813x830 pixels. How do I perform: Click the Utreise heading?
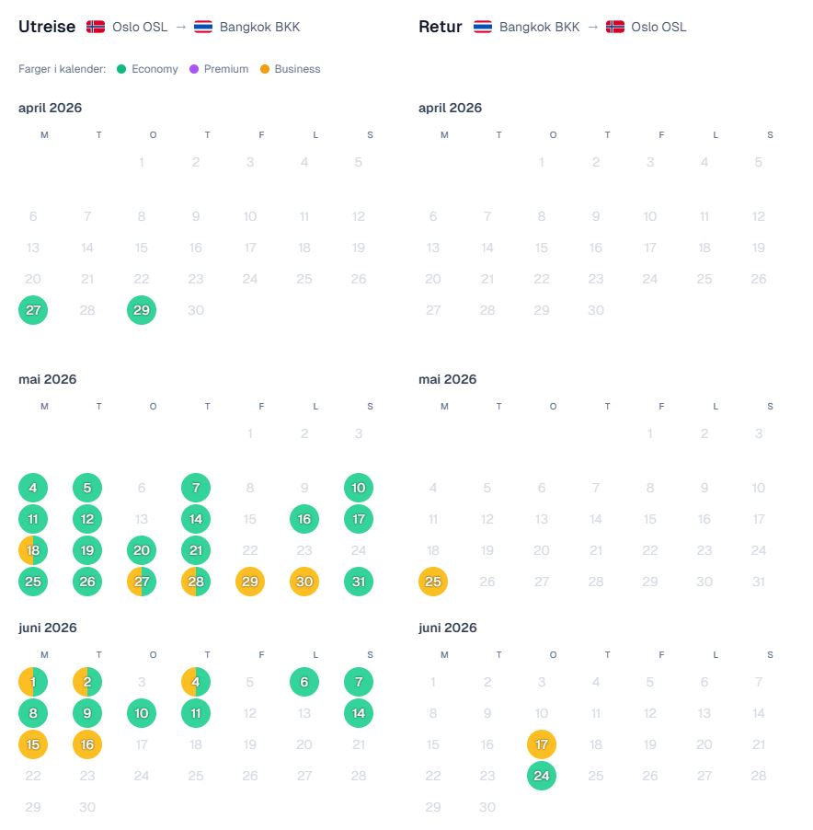click(x=47, y=27)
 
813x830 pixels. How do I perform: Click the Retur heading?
click(x=441, y=27)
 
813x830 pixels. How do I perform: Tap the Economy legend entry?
click(x=147, y=69)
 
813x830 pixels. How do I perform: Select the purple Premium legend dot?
click(x=194, y=69)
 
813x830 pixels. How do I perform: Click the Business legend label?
click(x=297, y=69)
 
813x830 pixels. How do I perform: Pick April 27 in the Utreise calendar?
click(x=33, y=310)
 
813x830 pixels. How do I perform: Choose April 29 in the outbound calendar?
click(x=142, y=310)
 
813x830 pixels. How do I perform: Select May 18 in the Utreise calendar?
click(x=33, y=550)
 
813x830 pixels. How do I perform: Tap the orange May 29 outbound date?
click(x=250, y=582)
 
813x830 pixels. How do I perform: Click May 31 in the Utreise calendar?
click(x=359, y=582)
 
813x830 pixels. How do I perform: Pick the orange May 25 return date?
click(x=433, y=582)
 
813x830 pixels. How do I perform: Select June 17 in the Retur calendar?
click(x=542, y=744)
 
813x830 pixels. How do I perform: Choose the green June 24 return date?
click(x=542, y=776)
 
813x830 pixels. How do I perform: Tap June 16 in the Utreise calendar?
click(x=87, y=744)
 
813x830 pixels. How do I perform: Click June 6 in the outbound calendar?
click(x=304, y=682)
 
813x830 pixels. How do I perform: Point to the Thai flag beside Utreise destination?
click(x=203, y=27)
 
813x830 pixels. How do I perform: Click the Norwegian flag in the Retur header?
click(x=615, y=27)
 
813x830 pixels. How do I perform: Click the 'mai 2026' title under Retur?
click(x=448, y=379)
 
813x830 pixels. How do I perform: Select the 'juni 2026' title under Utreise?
click(x=48, y=628)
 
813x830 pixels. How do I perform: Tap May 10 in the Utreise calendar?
click(x=359, y=488)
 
